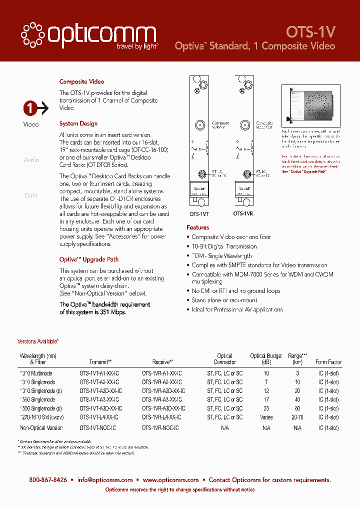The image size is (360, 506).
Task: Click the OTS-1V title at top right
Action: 310,32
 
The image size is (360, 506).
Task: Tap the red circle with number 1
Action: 30,107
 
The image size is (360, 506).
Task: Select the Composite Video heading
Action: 81,81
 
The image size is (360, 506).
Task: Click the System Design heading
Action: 78,123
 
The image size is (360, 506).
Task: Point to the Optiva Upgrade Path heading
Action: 89,259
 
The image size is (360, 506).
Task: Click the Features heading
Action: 198,227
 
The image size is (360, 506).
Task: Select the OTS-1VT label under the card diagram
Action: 200,213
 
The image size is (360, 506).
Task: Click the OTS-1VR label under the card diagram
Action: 243,213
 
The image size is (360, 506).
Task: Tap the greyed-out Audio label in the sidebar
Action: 31,160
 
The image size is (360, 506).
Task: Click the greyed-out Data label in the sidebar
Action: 31,195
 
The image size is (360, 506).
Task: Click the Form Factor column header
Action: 328,362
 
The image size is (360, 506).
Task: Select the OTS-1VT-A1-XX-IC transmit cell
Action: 99,373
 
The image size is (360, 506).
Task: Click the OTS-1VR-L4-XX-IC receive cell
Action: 161,417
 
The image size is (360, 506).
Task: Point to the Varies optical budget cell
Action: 266,417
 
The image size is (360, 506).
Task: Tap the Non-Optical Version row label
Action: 41,428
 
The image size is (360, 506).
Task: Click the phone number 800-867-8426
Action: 48,479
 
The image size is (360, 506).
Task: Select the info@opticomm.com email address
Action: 105,479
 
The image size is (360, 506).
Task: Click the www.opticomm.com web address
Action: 170,479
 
